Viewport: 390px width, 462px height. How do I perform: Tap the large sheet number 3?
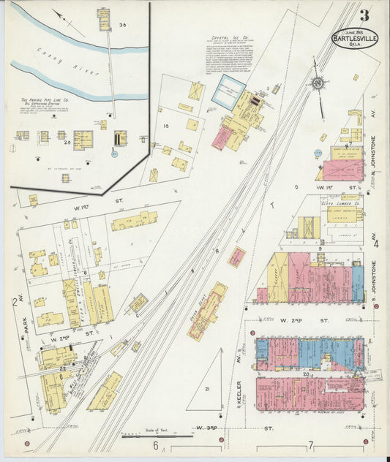point(364,15)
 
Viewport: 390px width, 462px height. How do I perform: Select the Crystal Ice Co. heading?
point(230,36)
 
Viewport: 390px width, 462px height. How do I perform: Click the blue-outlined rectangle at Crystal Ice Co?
point(228,93)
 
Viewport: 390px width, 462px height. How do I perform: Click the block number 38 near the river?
point(123,25)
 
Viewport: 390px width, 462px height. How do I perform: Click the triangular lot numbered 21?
point(207,390)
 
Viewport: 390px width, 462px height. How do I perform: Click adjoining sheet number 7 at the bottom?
point(311,444)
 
